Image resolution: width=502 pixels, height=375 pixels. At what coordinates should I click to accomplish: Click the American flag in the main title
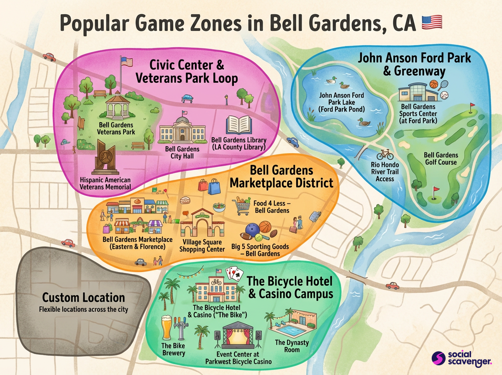(x=429, y=22)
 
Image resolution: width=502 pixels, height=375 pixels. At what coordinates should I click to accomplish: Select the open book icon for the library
(x=239, y=125)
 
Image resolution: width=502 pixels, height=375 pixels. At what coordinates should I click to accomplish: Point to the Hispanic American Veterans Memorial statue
(x=105, y=158)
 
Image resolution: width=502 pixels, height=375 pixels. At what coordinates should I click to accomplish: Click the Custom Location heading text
(x=84, y=298)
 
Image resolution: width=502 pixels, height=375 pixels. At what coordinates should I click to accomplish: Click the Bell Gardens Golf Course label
(x=441, y=159)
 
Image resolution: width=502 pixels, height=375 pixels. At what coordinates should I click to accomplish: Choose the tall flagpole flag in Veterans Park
(x=126, y=62)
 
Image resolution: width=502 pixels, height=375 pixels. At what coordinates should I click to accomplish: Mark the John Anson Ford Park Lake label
(x=341, y=102)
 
